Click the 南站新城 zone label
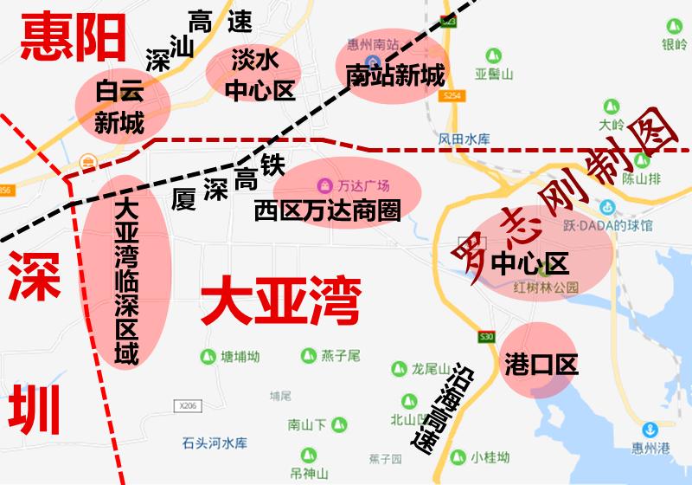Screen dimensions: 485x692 pyautogui.click(x=394, y=75)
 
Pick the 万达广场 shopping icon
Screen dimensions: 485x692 pyautogui.click(x=324, y=185)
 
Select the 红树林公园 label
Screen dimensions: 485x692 pyautogui.click(x=544, y=287)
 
